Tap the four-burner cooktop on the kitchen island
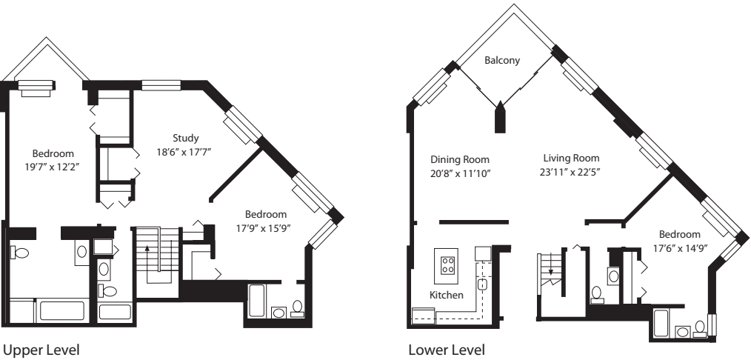(448, 265)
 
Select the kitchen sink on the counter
(482, 283)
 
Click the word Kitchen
(447, 295)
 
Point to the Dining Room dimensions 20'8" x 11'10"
(460, 173)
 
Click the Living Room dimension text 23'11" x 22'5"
(571, 172)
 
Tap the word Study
(186, 138)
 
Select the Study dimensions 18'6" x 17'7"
(186, 151)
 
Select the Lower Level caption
(441, 349)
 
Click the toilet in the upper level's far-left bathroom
(20, 253)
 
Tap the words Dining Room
(460, 159)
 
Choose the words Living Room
(571, 159)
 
